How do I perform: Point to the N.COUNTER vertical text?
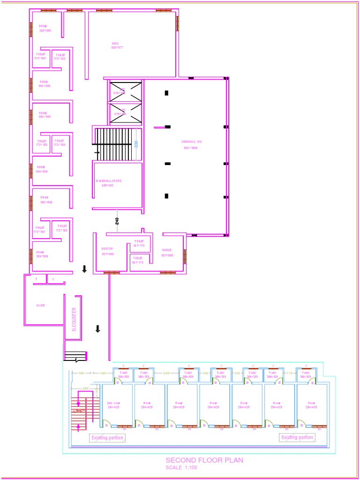[x=74, y=319]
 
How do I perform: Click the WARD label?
[x=41, y=305]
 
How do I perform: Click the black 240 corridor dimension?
[x=117, y=220]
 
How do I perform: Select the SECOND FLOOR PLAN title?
[x=204, y=460]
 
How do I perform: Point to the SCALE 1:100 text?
[x=181, y=468]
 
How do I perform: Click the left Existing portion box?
[x=107, y=438]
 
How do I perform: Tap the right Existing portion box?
[x=297, y=437]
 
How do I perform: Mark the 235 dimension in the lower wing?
[x=166, y=373]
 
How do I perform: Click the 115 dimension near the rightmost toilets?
[x=289, y=373]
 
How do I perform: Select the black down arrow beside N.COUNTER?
[x=97, y=329]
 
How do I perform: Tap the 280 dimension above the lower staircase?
[x=85, y=389]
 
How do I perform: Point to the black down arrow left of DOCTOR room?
[x=84, y=269]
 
